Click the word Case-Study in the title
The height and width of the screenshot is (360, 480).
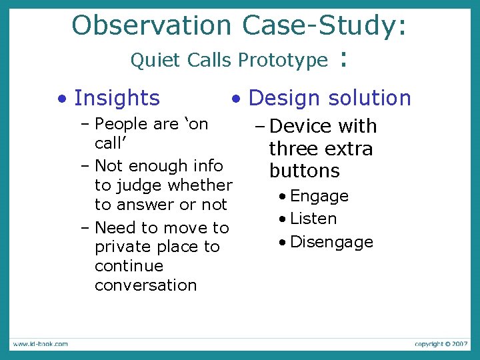click(321, 26)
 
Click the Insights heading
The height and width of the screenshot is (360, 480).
click(117, 98)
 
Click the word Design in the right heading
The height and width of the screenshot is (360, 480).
click(286, 98)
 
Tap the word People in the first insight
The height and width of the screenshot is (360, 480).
click(121, 124)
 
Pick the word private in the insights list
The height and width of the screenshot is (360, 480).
click(121, 247)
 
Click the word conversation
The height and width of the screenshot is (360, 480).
click(145, 285)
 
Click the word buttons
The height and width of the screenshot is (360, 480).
click(304, 171)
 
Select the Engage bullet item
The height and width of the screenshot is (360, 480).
click(319, 196)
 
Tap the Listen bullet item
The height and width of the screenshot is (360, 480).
click(313, 219)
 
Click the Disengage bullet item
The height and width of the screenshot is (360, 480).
click(331, 242)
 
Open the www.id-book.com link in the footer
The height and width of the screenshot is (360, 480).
click(39, 344)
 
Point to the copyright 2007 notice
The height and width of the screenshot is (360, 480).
click(441, 344)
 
